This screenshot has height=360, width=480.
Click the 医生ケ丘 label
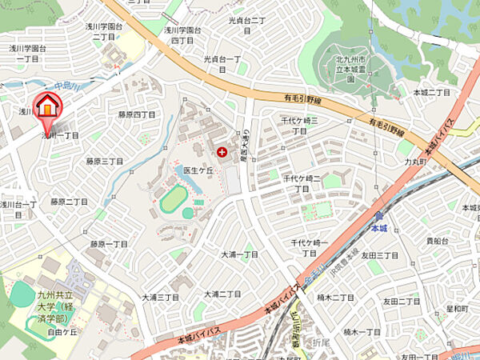pyautogui.click(x=198, y=170)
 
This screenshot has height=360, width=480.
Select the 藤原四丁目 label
pyautogui.click(x=137, y=114)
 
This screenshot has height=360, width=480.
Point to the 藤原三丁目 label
pyautogui.click(x=105, y=161)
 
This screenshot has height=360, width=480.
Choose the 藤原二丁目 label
pyautogui.click(x=69, y=202)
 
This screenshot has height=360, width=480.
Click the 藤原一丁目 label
pyautogui.click(x=109, y=244)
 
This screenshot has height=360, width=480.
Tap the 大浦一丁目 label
pyautogui.click(x=240, y=254)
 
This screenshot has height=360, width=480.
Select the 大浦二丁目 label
pyautogui.click(x=222, y=294)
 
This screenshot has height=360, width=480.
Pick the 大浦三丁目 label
pyautogui.click(x=161, y=297)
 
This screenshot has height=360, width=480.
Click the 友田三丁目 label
pyautogui.click(x=379, y=254)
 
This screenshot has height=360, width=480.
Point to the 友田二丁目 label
pyautogui.click(x=401, y=302)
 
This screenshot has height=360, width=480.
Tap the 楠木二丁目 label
pyautogui.click(x=335, y=298)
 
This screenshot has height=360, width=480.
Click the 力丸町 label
pyautogui.click(x=414, y=161)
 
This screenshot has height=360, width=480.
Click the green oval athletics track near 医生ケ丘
pyautogui.click(x=173, y=199)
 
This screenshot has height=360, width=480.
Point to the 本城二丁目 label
pyautogui.click(x=432, y=93)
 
